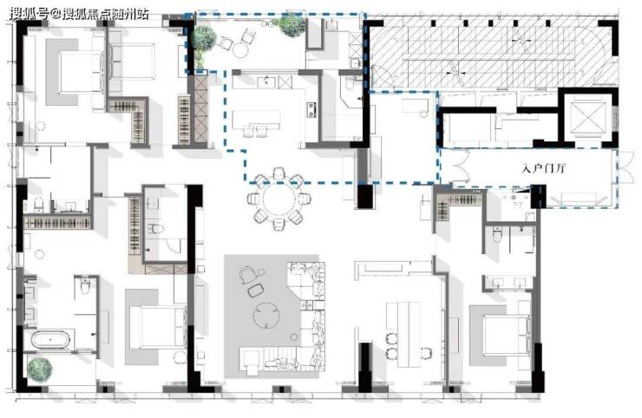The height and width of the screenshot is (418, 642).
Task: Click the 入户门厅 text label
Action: point(543,168)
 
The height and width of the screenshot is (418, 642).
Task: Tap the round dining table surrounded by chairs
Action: point(278,199)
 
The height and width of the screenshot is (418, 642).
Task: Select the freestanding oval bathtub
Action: point(51,340)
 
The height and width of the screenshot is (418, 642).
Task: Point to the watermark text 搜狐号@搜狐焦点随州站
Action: point(79,14)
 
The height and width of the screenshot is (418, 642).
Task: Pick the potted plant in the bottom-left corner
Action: point(40,369)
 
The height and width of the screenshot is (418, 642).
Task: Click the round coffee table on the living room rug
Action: point(266,316)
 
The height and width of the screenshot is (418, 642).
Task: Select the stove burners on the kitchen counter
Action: point(312,110)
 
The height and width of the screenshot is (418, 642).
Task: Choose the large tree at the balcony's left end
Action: point(204,40)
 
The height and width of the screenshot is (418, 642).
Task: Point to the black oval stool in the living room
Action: point(256,290)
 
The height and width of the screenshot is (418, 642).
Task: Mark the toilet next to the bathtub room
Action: point(85,286)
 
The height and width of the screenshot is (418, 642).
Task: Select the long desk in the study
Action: point(403,335)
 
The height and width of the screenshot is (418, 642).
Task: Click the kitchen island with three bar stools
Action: point(256,120)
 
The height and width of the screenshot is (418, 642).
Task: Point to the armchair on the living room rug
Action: point(247,274)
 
